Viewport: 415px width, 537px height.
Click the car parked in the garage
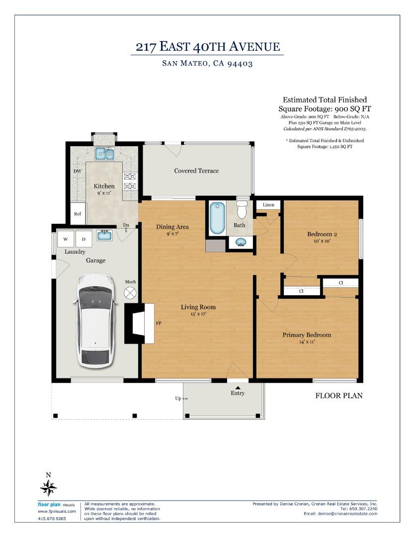click(x=95, y=321)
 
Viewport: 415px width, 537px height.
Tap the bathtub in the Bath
click(x=217, y=218)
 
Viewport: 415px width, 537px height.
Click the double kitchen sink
click(x=104, y=154)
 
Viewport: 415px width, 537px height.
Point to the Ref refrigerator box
click(x=78, y=214)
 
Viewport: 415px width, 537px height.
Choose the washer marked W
click(x=66, y=239)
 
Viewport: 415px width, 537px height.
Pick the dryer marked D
click(x=83, y=239)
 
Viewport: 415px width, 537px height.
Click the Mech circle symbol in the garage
click(x=130, y=293)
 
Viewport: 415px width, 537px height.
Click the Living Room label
click(x=198, y=307)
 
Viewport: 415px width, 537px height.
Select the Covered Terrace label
click(x=196, y=171)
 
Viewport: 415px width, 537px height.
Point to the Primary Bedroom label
click(x=307, y=335)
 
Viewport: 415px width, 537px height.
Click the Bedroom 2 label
click(x=322, y=234)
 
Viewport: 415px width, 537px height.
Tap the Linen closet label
click(x=268, y=205)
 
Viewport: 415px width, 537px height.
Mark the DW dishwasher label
click(x=78, y=171)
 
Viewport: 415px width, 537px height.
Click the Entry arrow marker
click(x=238, y=387)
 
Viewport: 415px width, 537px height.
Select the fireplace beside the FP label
click(x=139, y=323)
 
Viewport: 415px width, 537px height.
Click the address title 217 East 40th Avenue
click(x=208, y=47)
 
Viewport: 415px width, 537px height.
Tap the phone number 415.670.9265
click(x=52, y=519)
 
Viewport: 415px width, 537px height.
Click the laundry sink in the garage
click(x=104, y=235)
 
